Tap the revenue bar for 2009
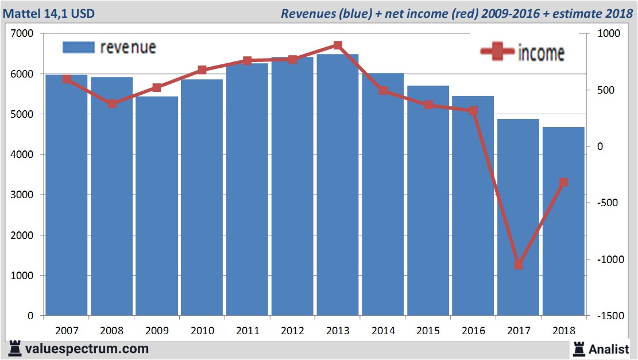pyautogui.click(x=157, y=207)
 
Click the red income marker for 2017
pyautogui.click(x=519, y=265)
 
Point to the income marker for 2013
pyautogui.click(x=338, y=45)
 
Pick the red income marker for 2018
pyautogui.click(x=563, y=183)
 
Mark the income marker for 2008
pyautogui.click(x=112, y=103)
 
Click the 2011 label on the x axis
pyautogui.click(x=248, y=331)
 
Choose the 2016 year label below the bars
pyautogui.click(x=473, y=331)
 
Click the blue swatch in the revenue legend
pyautogui.click(x=78, y=48)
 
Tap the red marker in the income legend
pyautogui.click(x=497, y=52)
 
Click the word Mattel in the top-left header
pyautogui.click(x=24, y=13)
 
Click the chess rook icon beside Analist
pyautogui.click(x=578, y=349)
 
